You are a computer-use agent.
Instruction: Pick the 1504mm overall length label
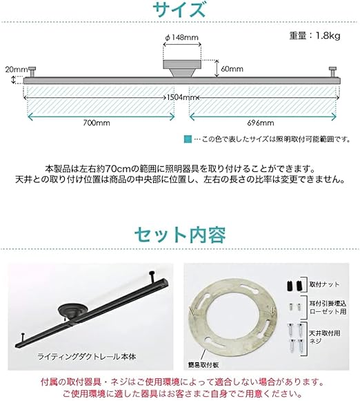[x=180, y=97]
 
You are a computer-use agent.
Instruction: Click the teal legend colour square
[x=189, y=139]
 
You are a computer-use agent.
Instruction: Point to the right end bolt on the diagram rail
[x=334, y=72]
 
